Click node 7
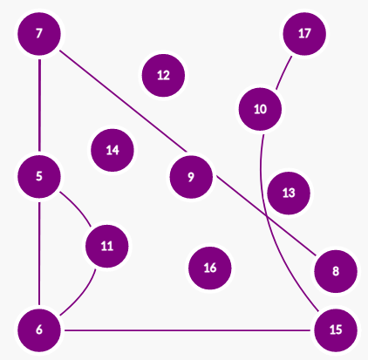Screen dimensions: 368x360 tap(39, 34)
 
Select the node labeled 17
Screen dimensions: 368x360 tap(304, 34)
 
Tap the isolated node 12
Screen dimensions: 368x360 tap(163, 75)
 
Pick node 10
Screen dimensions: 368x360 tap(260, 109)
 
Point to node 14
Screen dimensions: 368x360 tap(112, 150)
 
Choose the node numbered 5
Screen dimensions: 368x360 tap(39, 176)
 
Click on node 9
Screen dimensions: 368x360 tap(191, 177)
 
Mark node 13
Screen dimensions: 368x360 tap(289, 193)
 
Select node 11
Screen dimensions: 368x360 tap(107, 246)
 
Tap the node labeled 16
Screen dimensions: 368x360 tap(210, 268)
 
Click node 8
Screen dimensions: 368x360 tap(336, 271)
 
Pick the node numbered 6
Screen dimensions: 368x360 tap(39, 330)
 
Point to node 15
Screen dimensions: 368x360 tap(336, 330)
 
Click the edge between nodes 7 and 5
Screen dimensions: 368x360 tap(39, 105)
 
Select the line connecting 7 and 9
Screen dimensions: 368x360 tap(123, 101)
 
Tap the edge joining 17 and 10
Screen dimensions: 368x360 tap(284, 73)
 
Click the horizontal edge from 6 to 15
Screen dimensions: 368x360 tap(187, 330)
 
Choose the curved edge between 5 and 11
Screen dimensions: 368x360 tap(77, 207)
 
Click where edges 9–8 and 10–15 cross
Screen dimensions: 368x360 tap(267, 215)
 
